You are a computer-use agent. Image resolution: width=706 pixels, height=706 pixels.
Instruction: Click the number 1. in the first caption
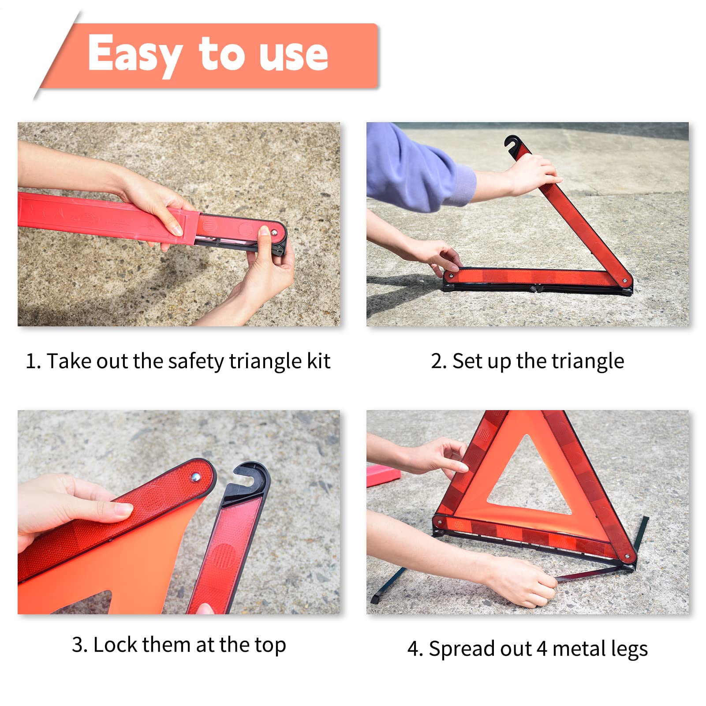[33, 361]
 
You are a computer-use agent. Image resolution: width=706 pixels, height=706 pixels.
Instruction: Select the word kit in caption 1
[318, 361]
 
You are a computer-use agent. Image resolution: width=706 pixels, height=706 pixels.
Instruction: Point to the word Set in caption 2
[467, 361]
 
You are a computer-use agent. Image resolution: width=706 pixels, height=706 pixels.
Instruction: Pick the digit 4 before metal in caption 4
[542, 649]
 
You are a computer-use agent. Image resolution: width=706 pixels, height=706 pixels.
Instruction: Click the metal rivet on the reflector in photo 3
[195, 477]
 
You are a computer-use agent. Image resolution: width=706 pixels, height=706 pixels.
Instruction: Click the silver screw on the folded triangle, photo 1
[274, 232]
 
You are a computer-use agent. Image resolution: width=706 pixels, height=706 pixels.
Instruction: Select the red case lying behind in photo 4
[382, 475]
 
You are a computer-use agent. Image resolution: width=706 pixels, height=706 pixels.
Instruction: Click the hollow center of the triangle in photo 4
[528, 483]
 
